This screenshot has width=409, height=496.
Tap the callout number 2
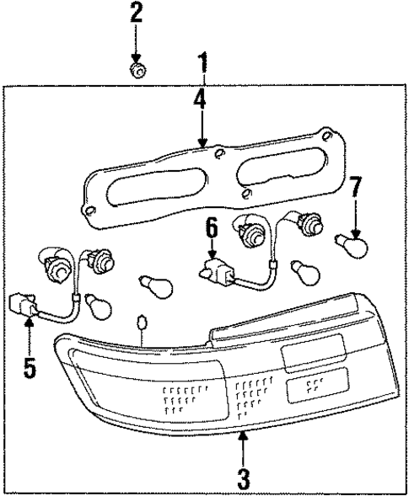click(x=136, y=13)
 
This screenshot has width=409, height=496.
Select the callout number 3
click(x=243, y=480)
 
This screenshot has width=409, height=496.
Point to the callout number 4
click(x=199, y=102)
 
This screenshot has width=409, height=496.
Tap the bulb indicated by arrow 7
click(x=352, y=248)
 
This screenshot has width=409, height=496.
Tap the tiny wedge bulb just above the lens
click(x=143, y=323)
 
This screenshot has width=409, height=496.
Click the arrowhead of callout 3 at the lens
click(x=243, y=434)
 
